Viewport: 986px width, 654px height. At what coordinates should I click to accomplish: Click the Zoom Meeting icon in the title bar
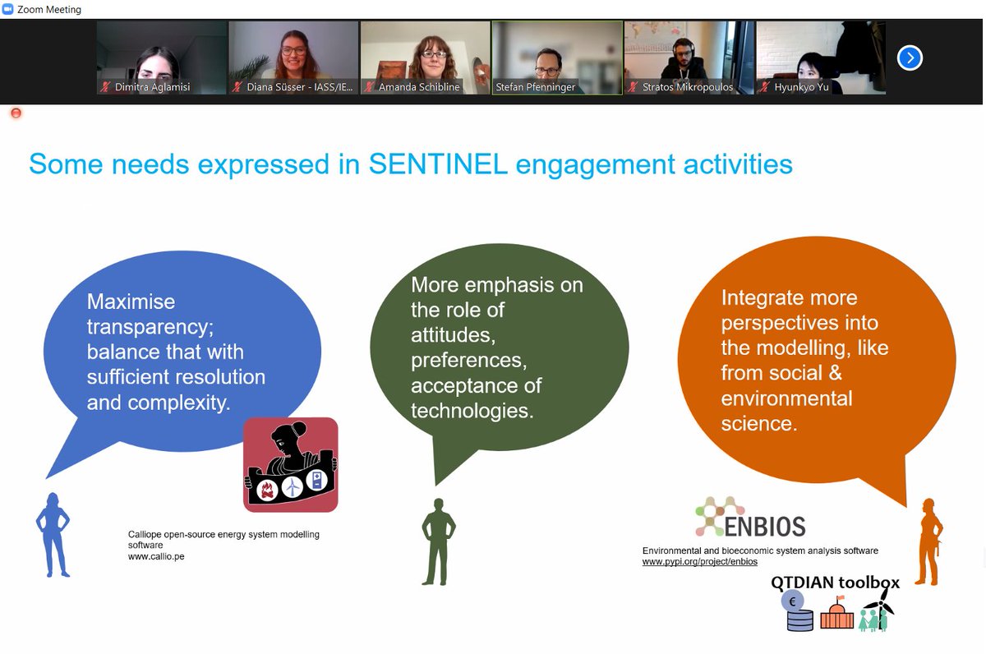[8, 9]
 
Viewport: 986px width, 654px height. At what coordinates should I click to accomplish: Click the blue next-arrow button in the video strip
[910, 58]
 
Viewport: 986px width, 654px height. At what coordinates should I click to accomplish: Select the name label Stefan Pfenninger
[536, 86]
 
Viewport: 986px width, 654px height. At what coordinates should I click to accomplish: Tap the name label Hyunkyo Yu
[800, 86]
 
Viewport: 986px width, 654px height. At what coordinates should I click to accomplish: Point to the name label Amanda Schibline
[419, 86]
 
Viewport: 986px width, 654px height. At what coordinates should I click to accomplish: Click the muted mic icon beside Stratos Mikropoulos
[634, 86]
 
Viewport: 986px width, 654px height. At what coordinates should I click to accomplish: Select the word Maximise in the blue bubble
[131, 302]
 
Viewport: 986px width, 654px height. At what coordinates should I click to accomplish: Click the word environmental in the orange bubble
[786, 398]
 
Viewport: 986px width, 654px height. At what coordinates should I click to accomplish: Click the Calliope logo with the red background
[291, 464]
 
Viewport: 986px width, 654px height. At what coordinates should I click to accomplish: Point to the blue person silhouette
[53, 534]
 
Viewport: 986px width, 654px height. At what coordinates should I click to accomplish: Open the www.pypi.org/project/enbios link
[699, 562]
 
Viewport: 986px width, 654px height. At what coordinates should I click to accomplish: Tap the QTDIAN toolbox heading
[835, 583]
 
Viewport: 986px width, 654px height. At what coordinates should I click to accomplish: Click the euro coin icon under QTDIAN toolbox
[793, 602]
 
